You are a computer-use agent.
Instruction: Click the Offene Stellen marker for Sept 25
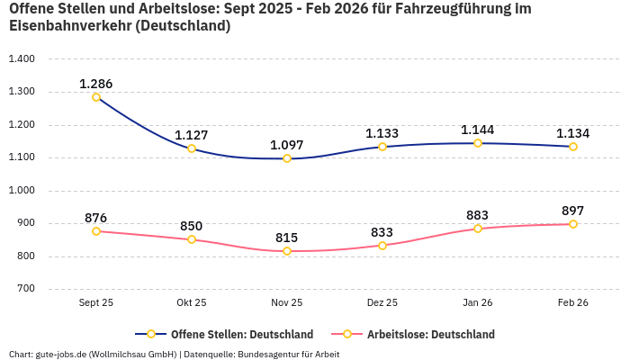(x=96, y=97)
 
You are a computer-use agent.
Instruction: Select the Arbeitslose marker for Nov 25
(x=287, y=251)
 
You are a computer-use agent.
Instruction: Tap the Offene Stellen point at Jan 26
(x=478, y=143)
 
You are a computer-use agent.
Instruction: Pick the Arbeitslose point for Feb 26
(x=573, y=224)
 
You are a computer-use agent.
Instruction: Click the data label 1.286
(x=96, y=84)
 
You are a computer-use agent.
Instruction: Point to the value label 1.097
(x=287, y=145)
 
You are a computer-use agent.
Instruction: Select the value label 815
(x=287, y=238)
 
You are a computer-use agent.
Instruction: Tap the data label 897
(x=573, y=211)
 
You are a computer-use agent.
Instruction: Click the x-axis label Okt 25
(x=192, y=303)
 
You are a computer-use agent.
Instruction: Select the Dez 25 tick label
(x=382, y=303)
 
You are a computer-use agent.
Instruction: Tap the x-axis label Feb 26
(x=573, y=303)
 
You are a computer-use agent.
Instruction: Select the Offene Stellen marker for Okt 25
(x=192, y=148)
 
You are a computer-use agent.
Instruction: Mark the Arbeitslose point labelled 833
(x=382, y=246)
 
